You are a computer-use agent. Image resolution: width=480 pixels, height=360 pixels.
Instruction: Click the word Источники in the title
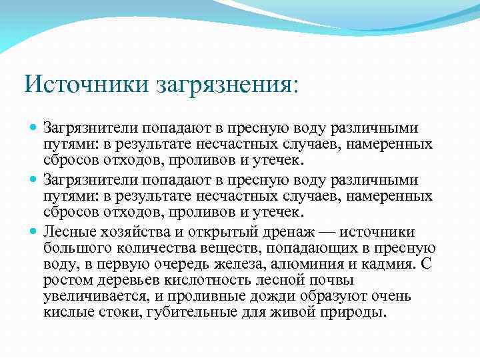point(87,85)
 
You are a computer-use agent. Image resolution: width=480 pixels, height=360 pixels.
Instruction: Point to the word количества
point(175,248)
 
